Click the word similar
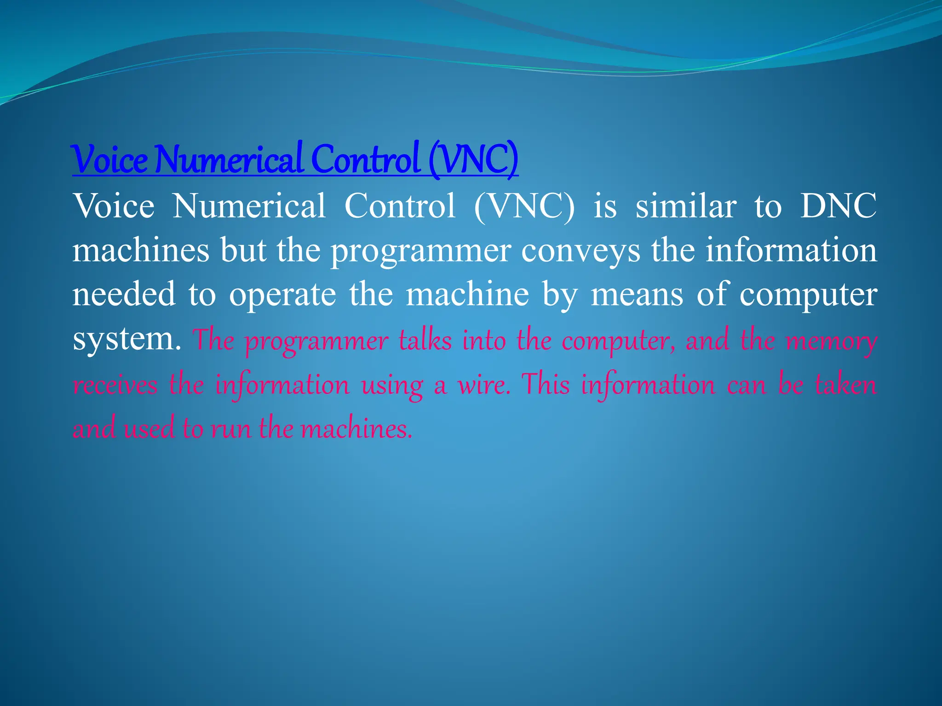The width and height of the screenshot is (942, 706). click(686, 205)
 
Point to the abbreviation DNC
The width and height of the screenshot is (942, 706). click(838, 205)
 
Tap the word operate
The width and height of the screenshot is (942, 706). click(283, 295)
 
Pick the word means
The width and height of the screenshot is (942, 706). click(637, 294)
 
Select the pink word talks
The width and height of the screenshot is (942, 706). click(425, 340)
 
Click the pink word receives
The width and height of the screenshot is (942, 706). click(115, 384)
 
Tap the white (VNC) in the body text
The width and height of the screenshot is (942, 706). click(524, 205)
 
